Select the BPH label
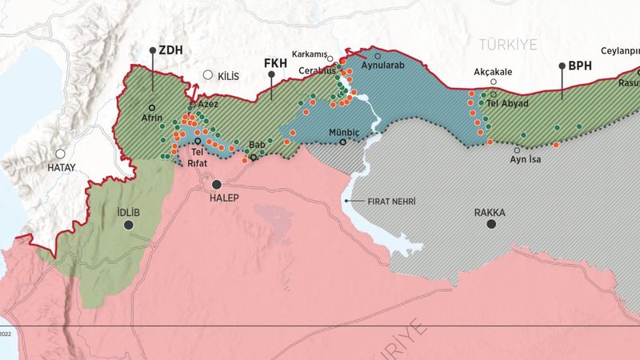(x=580, y=66)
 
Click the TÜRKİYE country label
(x=508, y=43)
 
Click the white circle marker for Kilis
(x=208, y=75)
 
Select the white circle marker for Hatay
(x=60, y=154)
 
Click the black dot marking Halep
(x=216, y=184)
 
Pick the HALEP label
(x=224, y=198)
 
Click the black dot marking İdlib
(x=128, y=226)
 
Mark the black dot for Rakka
(x=492, y=225)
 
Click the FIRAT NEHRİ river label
(x=392, y=202)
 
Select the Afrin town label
(x=152, y=118)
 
